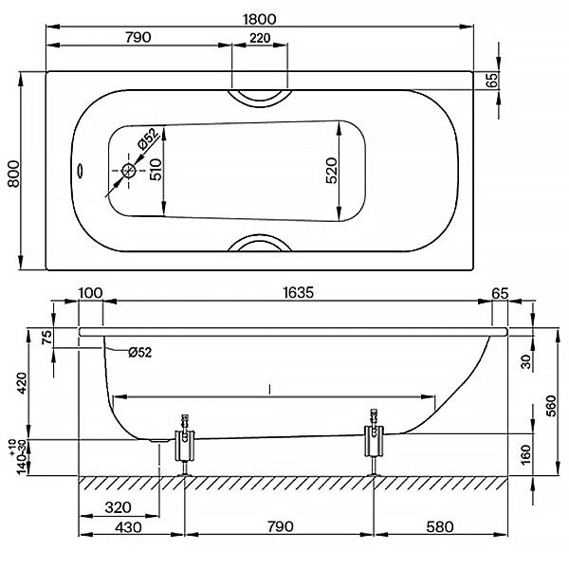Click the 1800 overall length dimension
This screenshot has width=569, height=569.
[259, 19]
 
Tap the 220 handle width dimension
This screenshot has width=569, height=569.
[260, 38]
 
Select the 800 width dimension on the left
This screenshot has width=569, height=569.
[14, 174]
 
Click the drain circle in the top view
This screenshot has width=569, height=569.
[128, 170]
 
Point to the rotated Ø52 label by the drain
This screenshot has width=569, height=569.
[148, 139]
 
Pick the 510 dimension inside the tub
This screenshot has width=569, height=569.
[156, 170]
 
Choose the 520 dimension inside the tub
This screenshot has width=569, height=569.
[331, 170]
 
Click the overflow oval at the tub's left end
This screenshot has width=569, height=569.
[80, 170]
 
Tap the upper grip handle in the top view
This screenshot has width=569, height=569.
[260, 98]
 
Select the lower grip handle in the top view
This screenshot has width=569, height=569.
[260, 241]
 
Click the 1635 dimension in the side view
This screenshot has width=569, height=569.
[298, 292]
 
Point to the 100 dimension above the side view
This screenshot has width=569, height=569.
[91, 292]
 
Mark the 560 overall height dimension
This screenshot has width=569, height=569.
[551, 406]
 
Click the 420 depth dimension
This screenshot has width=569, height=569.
[22, 383]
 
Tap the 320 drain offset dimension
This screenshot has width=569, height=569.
[118, 507]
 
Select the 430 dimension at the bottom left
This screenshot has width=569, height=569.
[128, 526]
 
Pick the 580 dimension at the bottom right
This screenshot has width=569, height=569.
[440, 526]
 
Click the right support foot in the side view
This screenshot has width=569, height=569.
[374, 442]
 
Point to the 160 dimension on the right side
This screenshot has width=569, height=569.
[525, 453]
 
